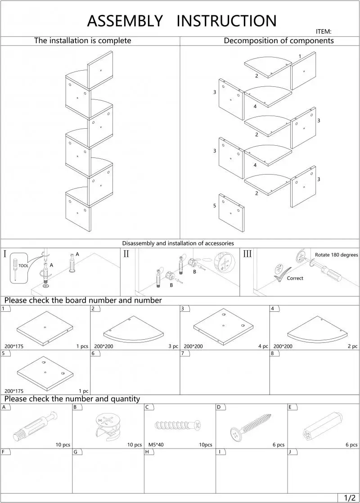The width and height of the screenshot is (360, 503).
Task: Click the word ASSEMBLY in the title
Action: tap(125, 21)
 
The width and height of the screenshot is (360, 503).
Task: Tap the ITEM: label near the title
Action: tap(324, 31)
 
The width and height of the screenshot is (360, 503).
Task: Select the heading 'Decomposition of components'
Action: tap(279, 40)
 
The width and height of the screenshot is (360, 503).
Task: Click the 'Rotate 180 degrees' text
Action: tap(336, 255)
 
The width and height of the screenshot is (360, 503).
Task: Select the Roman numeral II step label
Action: tap(126, 254)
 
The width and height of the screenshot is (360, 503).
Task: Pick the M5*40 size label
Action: tap(156, 445)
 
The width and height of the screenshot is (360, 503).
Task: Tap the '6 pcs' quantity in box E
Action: tap(351, 445)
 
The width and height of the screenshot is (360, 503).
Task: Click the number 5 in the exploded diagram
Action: tap(215, 206)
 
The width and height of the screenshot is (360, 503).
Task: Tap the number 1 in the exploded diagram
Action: tap(300, 56)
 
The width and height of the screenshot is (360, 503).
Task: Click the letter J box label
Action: tap(290, 451)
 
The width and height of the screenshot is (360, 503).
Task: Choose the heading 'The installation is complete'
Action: tap(83, 40)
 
